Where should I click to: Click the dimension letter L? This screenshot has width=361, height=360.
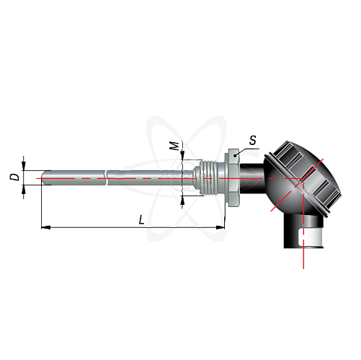[142, 220]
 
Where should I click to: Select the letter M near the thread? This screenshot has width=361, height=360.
[175, 146]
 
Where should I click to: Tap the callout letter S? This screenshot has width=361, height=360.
[253, 141]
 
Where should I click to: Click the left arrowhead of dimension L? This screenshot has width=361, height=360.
[46, 227]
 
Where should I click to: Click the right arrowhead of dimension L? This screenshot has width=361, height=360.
[220, 227]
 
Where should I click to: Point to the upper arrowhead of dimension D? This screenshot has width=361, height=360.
[24, 166]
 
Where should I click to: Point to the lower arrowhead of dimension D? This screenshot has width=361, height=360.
[24, 190]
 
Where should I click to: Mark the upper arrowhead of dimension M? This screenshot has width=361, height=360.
[182, 155]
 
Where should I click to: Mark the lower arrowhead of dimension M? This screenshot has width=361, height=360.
[182, 201]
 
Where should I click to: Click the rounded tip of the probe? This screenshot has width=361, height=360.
[43, 178]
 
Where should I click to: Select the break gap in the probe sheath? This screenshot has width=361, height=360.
[107, 178]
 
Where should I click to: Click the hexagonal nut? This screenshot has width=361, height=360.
[231, 177]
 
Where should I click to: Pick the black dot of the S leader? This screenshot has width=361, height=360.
[235, 156]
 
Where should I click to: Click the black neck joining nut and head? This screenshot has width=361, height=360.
[251, 178]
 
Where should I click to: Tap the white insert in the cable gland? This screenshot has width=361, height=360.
[311, 237]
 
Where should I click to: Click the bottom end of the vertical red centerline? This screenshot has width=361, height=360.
[303, 268]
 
